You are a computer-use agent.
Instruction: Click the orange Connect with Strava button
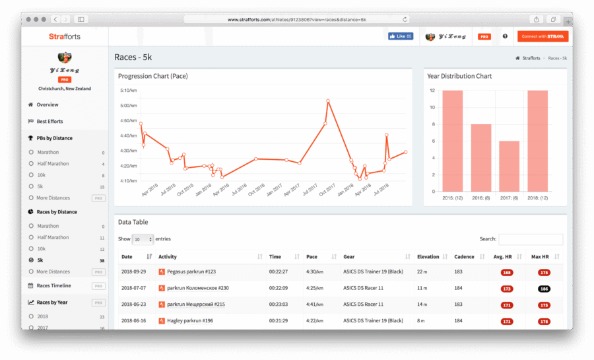click(x=542, y=36)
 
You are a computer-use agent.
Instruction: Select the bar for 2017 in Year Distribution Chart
click(x=509, y=165)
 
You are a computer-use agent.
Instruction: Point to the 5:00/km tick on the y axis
click(x=128, y=106)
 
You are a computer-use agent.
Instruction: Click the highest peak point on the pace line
click(x=328, y=101)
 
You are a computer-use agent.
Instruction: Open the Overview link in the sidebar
click(x=47, y=105)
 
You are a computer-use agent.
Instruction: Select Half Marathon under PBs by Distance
click(x=53, y=164)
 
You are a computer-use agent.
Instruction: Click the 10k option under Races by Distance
click(x=41, y=249)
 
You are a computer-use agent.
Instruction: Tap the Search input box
click(x=530, y=239)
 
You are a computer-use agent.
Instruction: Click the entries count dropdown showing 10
click(x=143, y=239)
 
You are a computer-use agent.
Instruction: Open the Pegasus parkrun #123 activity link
click(x=191, y=271)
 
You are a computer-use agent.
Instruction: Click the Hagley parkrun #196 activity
click(x=190, y=321)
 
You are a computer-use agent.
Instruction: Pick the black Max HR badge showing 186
click(x=544, y=289)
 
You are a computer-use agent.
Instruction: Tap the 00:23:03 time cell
click(x=279, y=305)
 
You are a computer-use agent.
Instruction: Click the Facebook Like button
click(x=401, y=36)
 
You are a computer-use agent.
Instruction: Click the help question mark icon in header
click(x=505, y=36)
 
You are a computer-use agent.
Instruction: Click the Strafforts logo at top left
click(x=65, y=36)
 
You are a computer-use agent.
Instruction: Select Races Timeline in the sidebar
click(x=53, y=286)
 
